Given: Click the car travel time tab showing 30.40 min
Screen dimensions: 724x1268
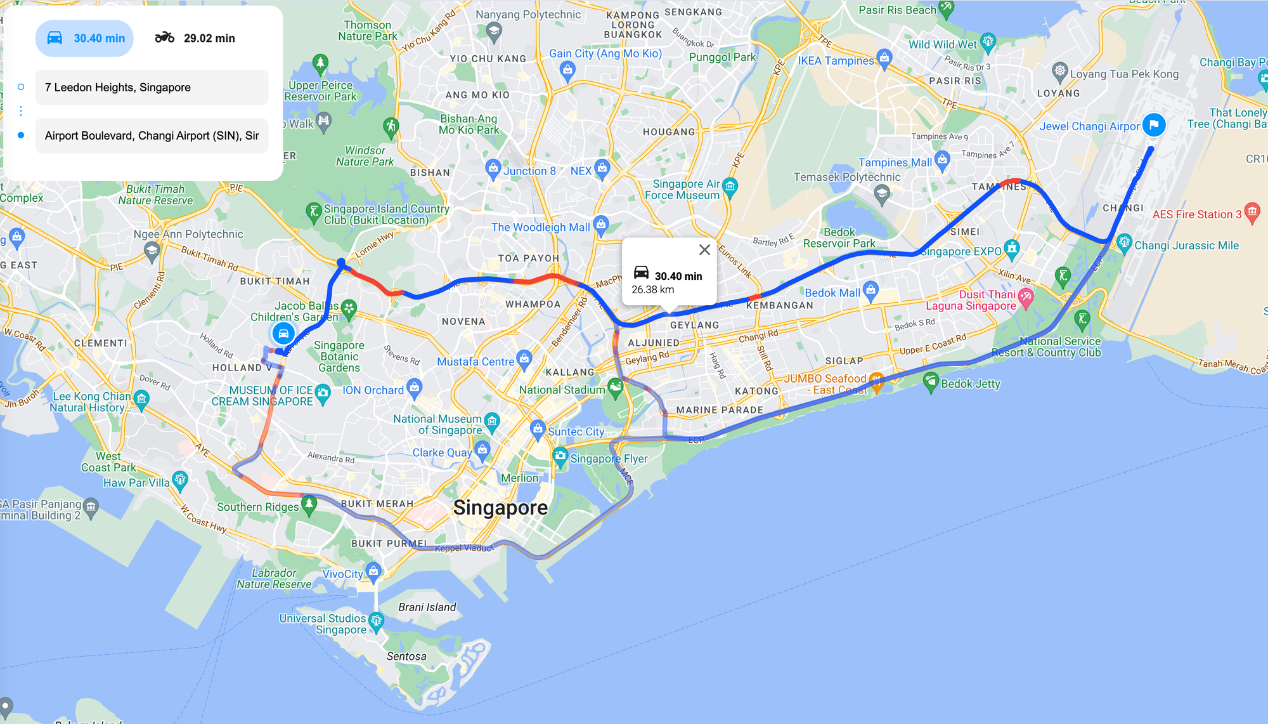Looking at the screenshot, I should click(85, 38).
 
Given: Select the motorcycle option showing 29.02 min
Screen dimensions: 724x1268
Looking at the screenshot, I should click(195, 38).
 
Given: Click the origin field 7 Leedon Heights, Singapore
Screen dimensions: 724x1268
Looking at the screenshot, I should click(152, 88).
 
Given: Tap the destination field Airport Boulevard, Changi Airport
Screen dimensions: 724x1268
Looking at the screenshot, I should click(152, 136).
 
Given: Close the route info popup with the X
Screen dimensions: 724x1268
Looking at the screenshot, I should click(704, 250).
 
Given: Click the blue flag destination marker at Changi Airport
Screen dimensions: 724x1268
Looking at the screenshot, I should click(1154, 124).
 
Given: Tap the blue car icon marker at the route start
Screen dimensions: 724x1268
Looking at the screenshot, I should click(283, 333).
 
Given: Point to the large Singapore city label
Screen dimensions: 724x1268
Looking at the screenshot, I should click(500, 508).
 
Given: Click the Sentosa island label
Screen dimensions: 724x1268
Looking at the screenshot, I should click(406, 656).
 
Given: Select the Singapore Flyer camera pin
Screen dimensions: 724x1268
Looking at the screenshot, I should click(560, 456).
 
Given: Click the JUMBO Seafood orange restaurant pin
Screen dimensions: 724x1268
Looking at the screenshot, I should click(876, 381).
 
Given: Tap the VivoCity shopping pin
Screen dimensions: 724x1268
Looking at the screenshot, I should click(373, 571).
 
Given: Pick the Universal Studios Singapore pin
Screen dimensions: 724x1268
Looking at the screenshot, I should click(377, 620).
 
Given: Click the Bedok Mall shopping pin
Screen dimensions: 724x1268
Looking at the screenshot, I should click(870, 290).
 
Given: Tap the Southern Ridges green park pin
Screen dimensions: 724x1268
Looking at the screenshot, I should click(309, 504).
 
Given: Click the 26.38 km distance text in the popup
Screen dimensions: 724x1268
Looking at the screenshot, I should click(652, 290).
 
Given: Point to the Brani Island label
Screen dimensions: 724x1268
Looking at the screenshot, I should click(427, 607).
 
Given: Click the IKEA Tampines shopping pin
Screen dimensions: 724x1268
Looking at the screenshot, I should click(884, 58).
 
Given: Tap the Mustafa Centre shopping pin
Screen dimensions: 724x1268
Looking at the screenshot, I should click(524, 359).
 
